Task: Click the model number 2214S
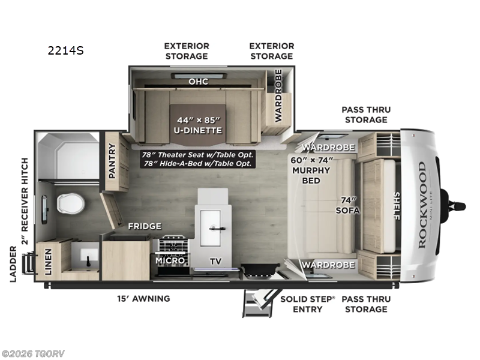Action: click(66, 51)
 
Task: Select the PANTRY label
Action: click(112, 161)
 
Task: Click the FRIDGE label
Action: click(145, 226)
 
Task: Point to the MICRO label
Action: click(170, 262)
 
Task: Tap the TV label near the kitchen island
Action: click(214, 262)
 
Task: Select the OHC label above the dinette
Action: click(198, 82)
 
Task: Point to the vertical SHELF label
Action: click(396, 206)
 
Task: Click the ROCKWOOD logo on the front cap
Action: click(422, 205)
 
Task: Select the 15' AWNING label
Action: click(143, 298)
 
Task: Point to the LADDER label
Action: click(13, 263)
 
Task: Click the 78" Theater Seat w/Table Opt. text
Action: click(198, 154)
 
